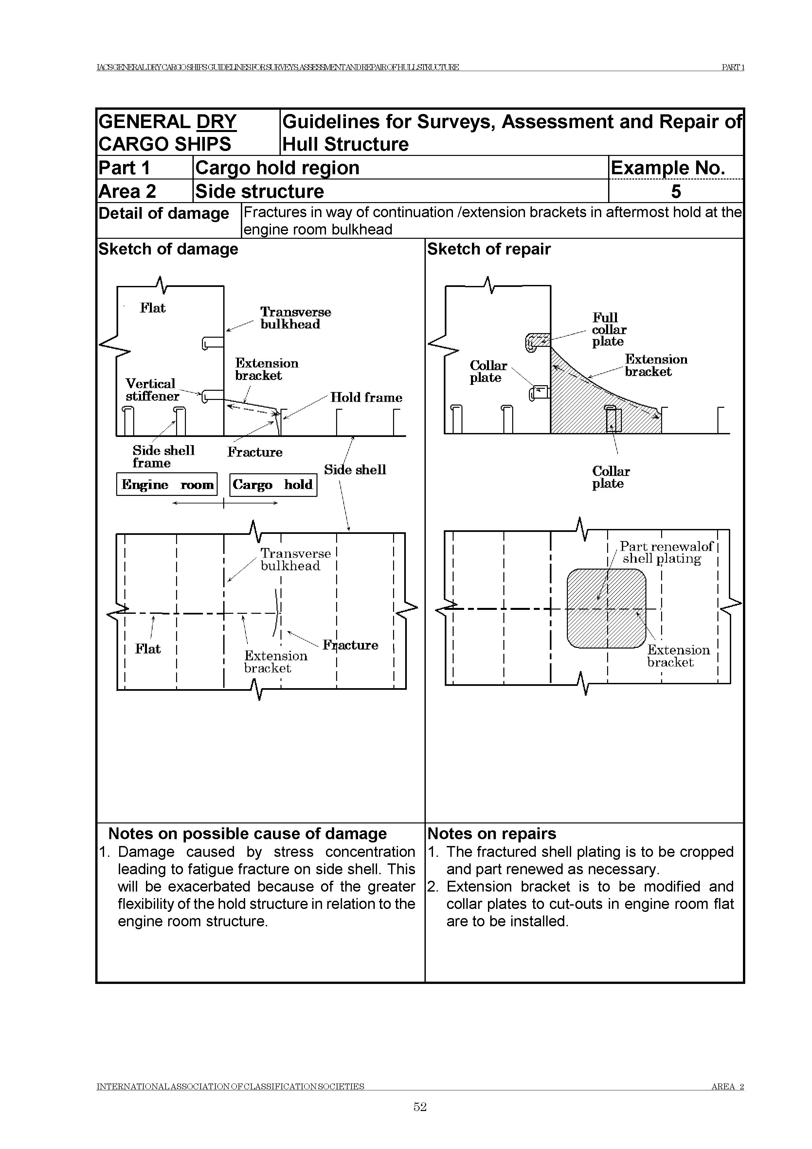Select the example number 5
pyautogui.click(x=676, y=192)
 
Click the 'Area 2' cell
pyautogui.click(x=128, y=192)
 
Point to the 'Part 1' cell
pyautogui.click(x=124, y=168)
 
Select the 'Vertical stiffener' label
pyautogui.click(x=152, y=390)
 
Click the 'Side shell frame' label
pyautogui.click(x=163, y=456)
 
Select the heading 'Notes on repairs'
pyautogui.click(x=492, y=834)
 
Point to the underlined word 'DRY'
pyautogui.click(x=216, y=122)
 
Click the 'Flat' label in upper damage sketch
pyautogui.click(x=153, y=308)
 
